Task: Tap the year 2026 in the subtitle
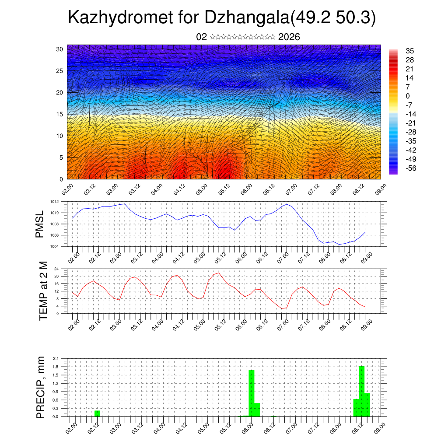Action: click(289, 37)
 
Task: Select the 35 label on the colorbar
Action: click(409, 51)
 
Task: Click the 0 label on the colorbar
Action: click(408, 96)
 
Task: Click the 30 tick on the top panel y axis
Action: click(59, 49)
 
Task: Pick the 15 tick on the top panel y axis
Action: click(59, 114)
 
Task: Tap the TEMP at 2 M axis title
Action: click(43, 290)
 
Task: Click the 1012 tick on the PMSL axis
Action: click(54, 202)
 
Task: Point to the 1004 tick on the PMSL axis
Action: click(54, 246)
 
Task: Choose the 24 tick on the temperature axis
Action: click(56, 269)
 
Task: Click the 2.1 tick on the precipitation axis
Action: click(56, 358)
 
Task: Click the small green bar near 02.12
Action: click(97, 413)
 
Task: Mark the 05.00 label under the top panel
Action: click(201, 189)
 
